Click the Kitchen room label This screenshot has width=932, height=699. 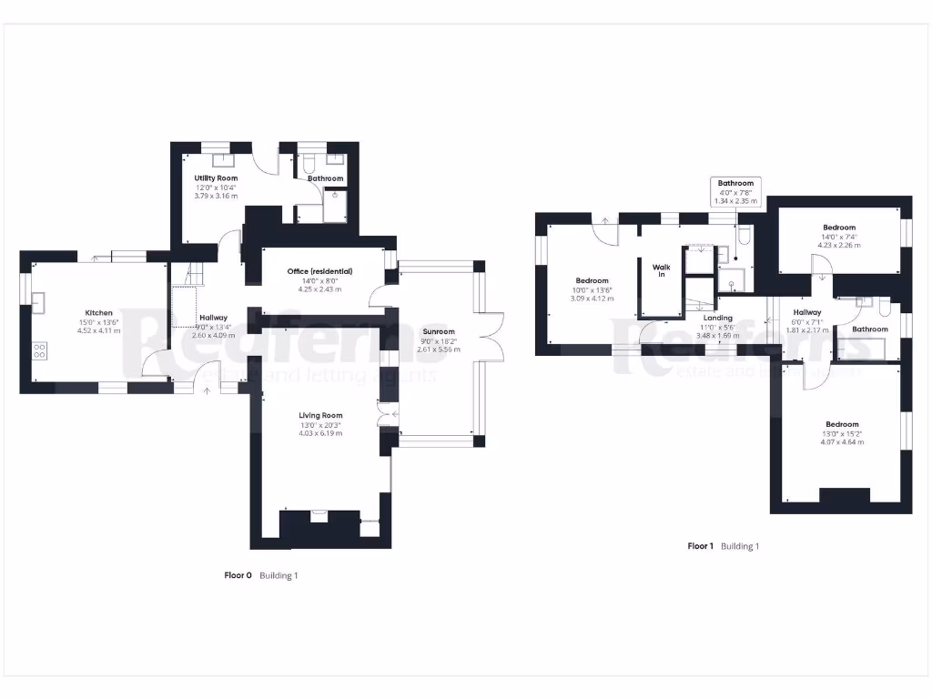(x=99, y=312)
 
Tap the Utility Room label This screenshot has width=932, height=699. (x=216, y=178)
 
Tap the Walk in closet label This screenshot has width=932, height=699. (x=661, y=270)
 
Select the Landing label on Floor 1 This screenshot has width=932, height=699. (x=717, y=318)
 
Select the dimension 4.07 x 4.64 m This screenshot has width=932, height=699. (x=842, y=441)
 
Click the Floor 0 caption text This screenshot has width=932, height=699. (x=238, y=575)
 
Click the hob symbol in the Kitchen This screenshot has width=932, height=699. (x=40, y=350)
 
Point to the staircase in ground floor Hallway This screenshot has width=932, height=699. (x=190, y=274)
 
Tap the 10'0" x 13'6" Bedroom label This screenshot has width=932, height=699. (x=592, y=280)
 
